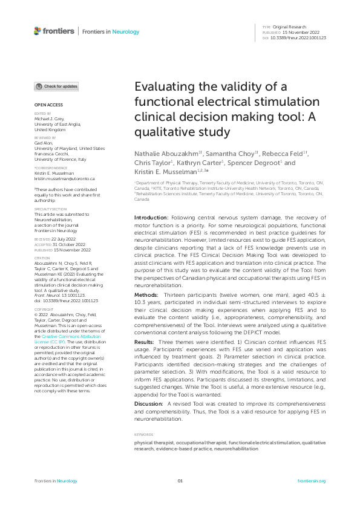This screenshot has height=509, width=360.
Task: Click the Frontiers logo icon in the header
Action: pos(38,30)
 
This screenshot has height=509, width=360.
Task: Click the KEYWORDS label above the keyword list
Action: pos(143,417)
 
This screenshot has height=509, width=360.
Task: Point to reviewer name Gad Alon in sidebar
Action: pos(44,143)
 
